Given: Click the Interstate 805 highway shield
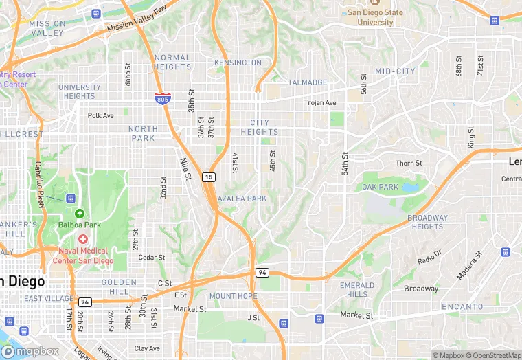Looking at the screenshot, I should (163, 99).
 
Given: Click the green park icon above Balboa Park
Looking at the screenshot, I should (80, 214).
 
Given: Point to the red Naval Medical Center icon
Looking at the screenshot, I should (84, 239).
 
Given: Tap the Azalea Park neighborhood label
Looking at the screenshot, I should (242, 199).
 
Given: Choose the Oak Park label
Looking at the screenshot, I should (380, 187).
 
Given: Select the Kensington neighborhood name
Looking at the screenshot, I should (238, 63).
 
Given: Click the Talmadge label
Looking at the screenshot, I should (308, 82).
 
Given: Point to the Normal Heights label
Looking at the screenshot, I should (173, 63).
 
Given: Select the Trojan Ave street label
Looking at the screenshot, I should (320, 103).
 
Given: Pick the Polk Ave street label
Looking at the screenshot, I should (100, 115).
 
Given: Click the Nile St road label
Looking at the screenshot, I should (185, 170).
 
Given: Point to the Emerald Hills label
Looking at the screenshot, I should (357, 289).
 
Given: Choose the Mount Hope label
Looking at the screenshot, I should (234, 296).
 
